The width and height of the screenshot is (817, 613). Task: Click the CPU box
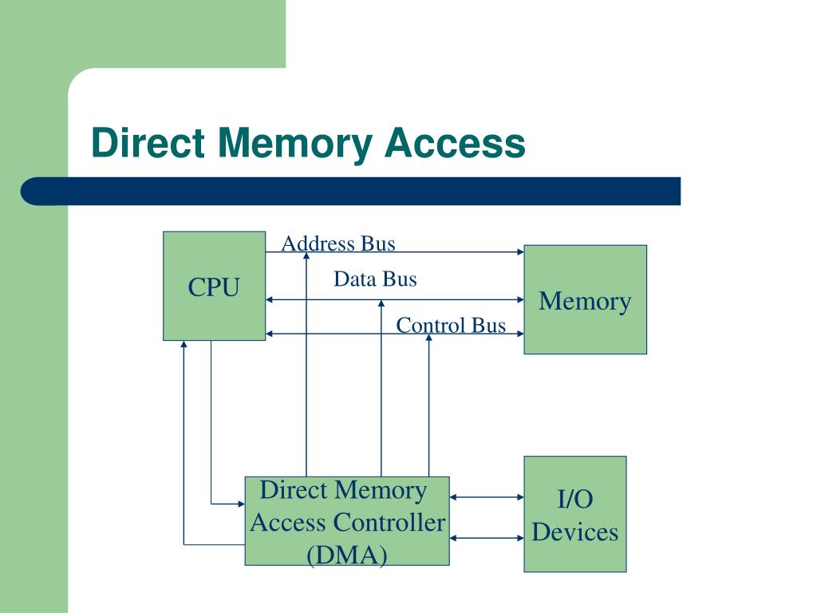(x=214, y=287)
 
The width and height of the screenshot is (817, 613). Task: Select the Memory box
(x=585, y=300)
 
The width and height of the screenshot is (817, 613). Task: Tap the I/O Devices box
(x=575, y=514)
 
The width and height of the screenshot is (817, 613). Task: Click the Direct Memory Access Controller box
(x=347, y=520)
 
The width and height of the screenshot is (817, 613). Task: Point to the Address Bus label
(x=338, y=243)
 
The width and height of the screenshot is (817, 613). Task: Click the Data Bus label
(x=375, y=279)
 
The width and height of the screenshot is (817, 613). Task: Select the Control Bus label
(x=451, y=326)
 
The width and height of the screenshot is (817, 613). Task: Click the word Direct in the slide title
(x=148, y=142)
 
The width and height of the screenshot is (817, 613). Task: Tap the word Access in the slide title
(x=455, y=142)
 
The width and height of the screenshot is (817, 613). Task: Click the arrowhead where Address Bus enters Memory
(x=520, y=252)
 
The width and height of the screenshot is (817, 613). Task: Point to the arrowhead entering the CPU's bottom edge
(x=184, y=344)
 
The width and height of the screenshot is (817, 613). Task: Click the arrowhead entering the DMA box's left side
(x=241, y=504)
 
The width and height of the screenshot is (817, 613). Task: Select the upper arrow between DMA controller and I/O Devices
(x=487, y=497)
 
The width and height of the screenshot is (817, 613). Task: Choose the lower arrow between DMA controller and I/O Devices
(x=487, y=538)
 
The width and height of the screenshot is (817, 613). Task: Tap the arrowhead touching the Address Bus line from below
(x=306, y=256)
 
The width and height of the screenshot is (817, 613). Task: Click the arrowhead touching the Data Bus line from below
(x=381, y=303)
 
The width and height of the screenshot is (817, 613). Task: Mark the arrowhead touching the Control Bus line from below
(x=428, y=338)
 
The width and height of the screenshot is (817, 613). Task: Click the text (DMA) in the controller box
(x=347, y=555)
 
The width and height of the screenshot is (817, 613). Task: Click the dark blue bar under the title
(x=351, y=192)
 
